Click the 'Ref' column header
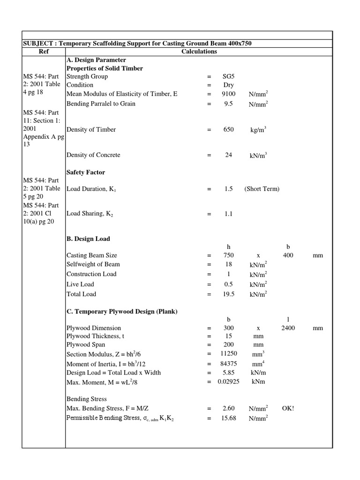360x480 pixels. (x=44, y=52)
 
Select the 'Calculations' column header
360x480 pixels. (x=199, y=52)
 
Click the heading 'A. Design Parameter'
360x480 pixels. (x=97, y=60)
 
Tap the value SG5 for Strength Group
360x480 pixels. (x=228, y=76)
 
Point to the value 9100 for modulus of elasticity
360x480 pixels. (x=228, y=94)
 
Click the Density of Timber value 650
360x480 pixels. (x=228, y=129)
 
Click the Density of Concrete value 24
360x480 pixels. (x=228, y=155)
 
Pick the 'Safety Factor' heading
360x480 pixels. (x=86, y=172)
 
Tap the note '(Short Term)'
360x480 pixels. (x=262, y=189)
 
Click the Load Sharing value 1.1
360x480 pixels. (x=228, y=214)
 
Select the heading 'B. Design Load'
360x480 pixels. (x=88, y=239)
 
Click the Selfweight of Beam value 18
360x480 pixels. (x=228, y=265)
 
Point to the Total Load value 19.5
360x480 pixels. (x=228, y=294)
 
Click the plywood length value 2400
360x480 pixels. (x=288, y=328)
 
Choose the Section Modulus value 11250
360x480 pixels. (x=228, y=353)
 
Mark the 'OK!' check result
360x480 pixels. (x=288, y=408)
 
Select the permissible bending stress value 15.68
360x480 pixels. (x=228, y=418)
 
